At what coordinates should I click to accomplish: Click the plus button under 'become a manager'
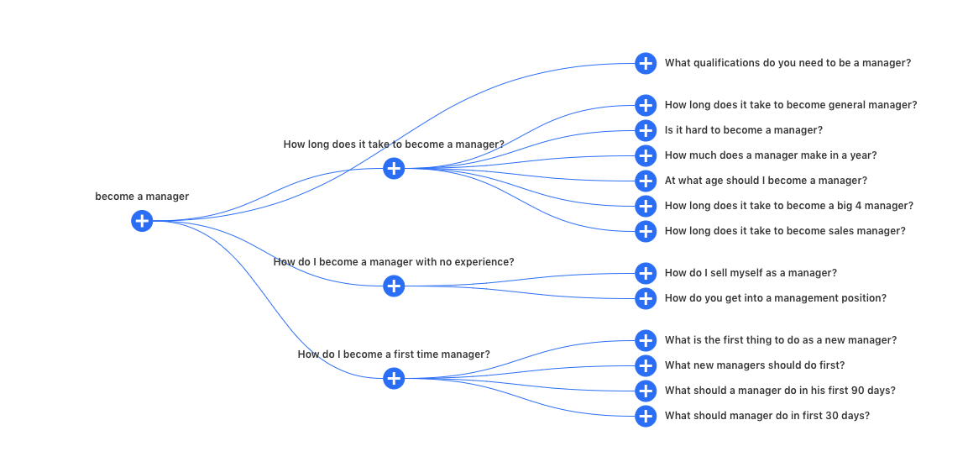(x=142, y=220)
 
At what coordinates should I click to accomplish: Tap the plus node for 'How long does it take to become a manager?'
(x=394, y=168)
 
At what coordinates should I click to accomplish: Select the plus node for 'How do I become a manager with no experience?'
(x=394, y=286)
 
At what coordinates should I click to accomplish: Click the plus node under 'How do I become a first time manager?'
(x=394, y=378)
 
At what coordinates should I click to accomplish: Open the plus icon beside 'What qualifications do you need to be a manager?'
(x=646, y=63)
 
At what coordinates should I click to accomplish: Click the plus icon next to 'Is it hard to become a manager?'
(x=646, y=130)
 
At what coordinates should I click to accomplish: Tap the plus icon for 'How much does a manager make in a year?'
(x=646, y=155)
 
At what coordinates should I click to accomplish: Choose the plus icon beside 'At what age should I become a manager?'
(x=646, y=181)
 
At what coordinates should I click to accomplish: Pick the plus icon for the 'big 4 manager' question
(x=646, y=206)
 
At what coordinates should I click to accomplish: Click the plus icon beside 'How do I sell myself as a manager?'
(x=646, y=273)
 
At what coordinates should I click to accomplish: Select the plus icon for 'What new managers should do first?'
(x=646, y=365)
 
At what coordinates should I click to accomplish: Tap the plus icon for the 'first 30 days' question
(x=646, y=416)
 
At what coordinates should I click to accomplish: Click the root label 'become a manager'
(x=142, y=197)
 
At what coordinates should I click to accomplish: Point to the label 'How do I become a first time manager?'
(x=394, y=354)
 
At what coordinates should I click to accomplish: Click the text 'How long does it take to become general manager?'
(x=791, y=105)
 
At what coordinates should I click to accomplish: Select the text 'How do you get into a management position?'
(x=776, y=298)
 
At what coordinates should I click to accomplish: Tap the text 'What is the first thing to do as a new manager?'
(x=781, y=340)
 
